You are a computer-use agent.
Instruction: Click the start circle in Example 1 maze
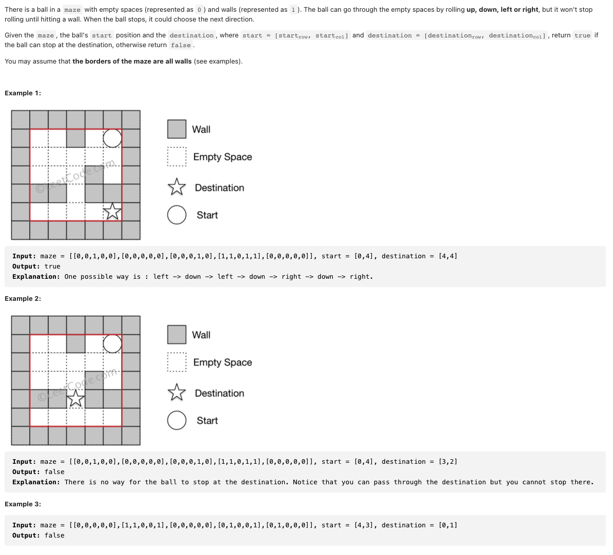click(112, 138)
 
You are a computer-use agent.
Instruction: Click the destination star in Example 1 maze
click(112, 211)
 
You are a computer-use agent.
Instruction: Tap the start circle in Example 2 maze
click(112, 343)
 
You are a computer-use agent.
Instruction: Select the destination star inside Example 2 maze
click(76, 398)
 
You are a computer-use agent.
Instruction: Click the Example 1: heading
click(23, 93)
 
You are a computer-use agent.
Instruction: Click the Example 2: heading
click(23, 298)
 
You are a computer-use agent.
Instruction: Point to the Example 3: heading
click(23, 504)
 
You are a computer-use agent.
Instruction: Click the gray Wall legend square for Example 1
click(176, 129)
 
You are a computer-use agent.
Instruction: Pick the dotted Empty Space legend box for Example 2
click(176, 362)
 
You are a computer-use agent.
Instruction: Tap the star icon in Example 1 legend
click(176, 188)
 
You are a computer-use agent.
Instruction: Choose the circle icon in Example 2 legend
click(176, 420)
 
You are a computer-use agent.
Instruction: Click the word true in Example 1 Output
click(52, 266)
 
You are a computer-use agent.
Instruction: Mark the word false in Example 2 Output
click(54, 472)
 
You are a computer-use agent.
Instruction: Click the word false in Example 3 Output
click(54, 536)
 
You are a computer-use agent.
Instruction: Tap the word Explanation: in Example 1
click(36, 277)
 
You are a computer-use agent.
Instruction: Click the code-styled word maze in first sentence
click(72, 10)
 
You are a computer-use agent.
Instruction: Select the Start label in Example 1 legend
click(207, 215)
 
